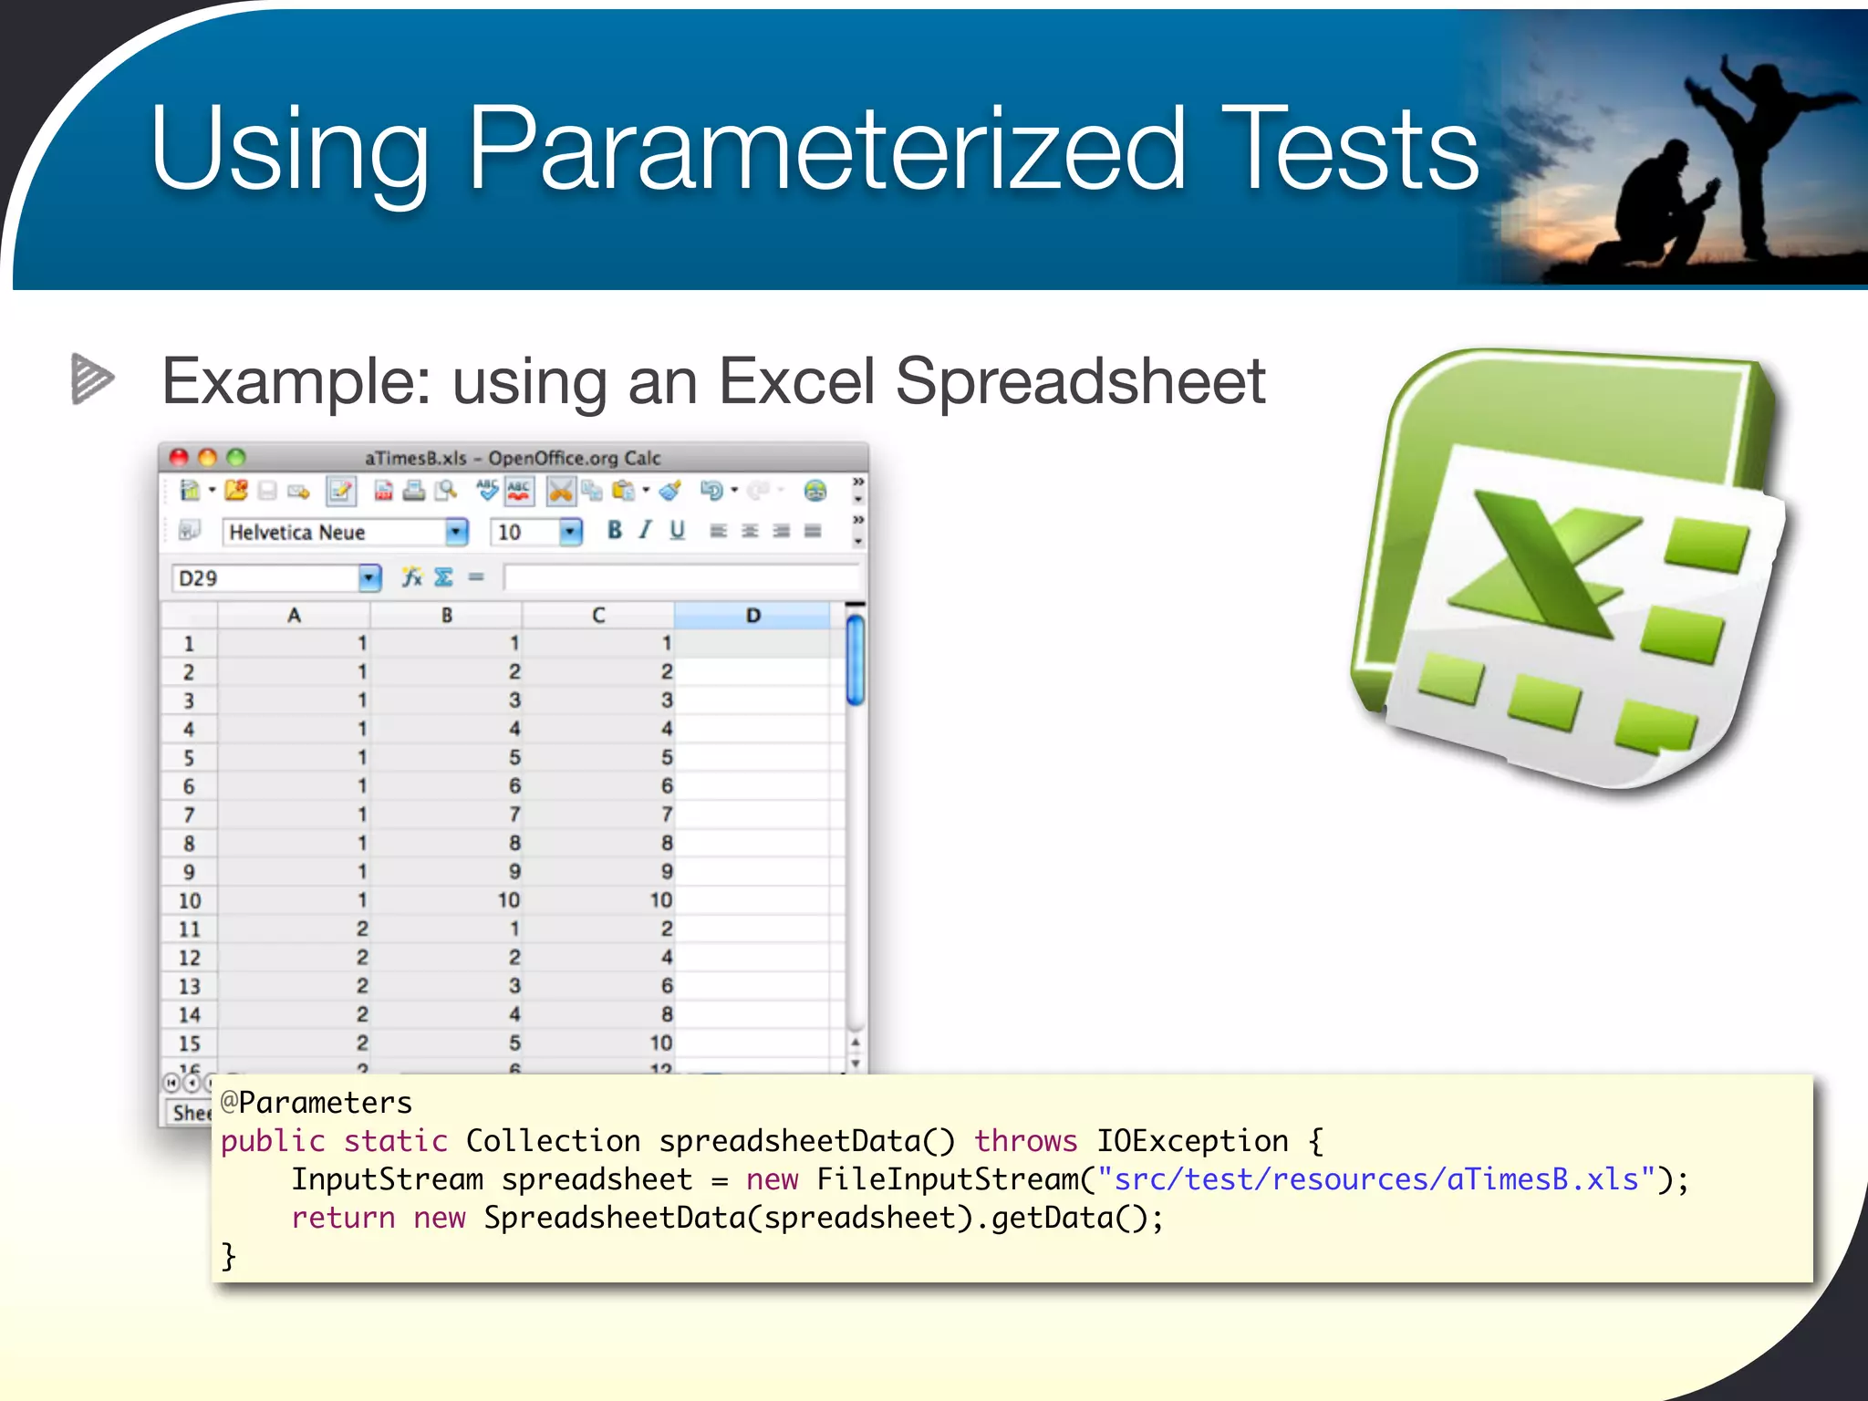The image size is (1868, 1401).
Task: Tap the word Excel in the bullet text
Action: [x=796, y=381]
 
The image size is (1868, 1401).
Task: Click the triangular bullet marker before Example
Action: [x=92, y=379]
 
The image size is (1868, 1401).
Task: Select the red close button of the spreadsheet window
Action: [x=179, y=457]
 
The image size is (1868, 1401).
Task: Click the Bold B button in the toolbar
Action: [x=615, y=530]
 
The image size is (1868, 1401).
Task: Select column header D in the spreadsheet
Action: [x=752, y=616]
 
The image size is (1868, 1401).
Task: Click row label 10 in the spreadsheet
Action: [x=189, y=900]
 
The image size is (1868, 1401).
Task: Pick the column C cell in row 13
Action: [x=599, y=986]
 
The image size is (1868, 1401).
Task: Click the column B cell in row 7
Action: [x=447, y=815]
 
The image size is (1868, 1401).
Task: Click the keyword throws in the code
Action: [x=1025, y=1141]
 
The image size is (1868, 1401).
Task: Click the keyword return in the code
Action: [x=343, y=1218]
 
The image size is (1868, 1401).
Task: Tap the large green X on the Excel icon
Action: [x=1541, y=566]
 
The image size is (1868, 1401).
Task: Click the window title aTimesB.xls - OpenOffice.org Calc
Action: [x=513, y=458]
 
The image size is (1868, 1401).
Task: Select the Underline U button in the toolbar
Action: [x=677, y=530]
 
